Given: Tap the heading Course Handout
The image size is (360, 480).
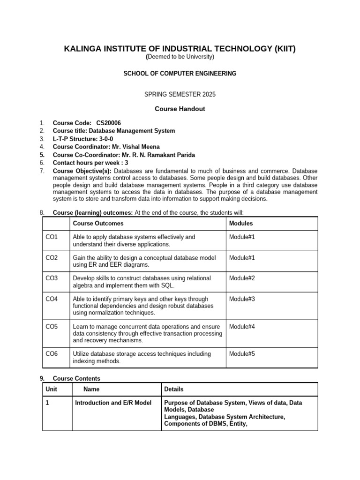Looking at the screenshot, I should (x=180, y=109).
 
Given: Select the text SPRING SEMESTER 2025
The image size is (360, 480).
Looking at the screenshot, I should (x=180, y=94).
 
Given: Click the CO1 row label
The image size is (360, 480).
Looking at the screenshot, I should (x=52, y=237).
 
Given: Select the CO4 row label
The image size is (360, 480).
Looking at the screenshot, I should (x=52, y=299).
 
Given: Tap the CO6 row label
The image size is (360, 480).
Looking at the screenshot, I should (x=52, y=354).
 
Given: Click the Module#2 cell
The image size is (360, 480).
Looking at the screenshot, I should (x=242, y=278).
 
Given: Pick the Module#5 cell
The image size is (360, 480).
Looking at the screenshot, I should (x=242, y=354).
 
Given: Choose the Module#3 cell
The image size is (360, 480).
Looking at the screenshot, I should (x=242, y=299).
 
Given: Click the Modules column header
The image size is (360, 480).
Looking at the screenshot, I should (x=241, y=224).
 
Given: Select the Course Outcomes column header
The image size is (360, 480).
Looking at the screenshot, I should (x=98, y=224).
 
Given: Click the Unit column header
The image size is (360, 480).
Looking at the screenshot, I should (x=51, y=389).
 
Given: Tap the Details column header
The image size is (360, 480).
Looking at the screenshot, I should (x=174, y=389).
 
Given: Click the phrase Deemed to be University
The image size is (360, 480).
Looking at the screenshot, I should (x=181, y=57).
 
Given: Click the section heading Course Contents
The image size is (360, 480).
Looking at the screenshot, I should (x=76, y=378).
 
